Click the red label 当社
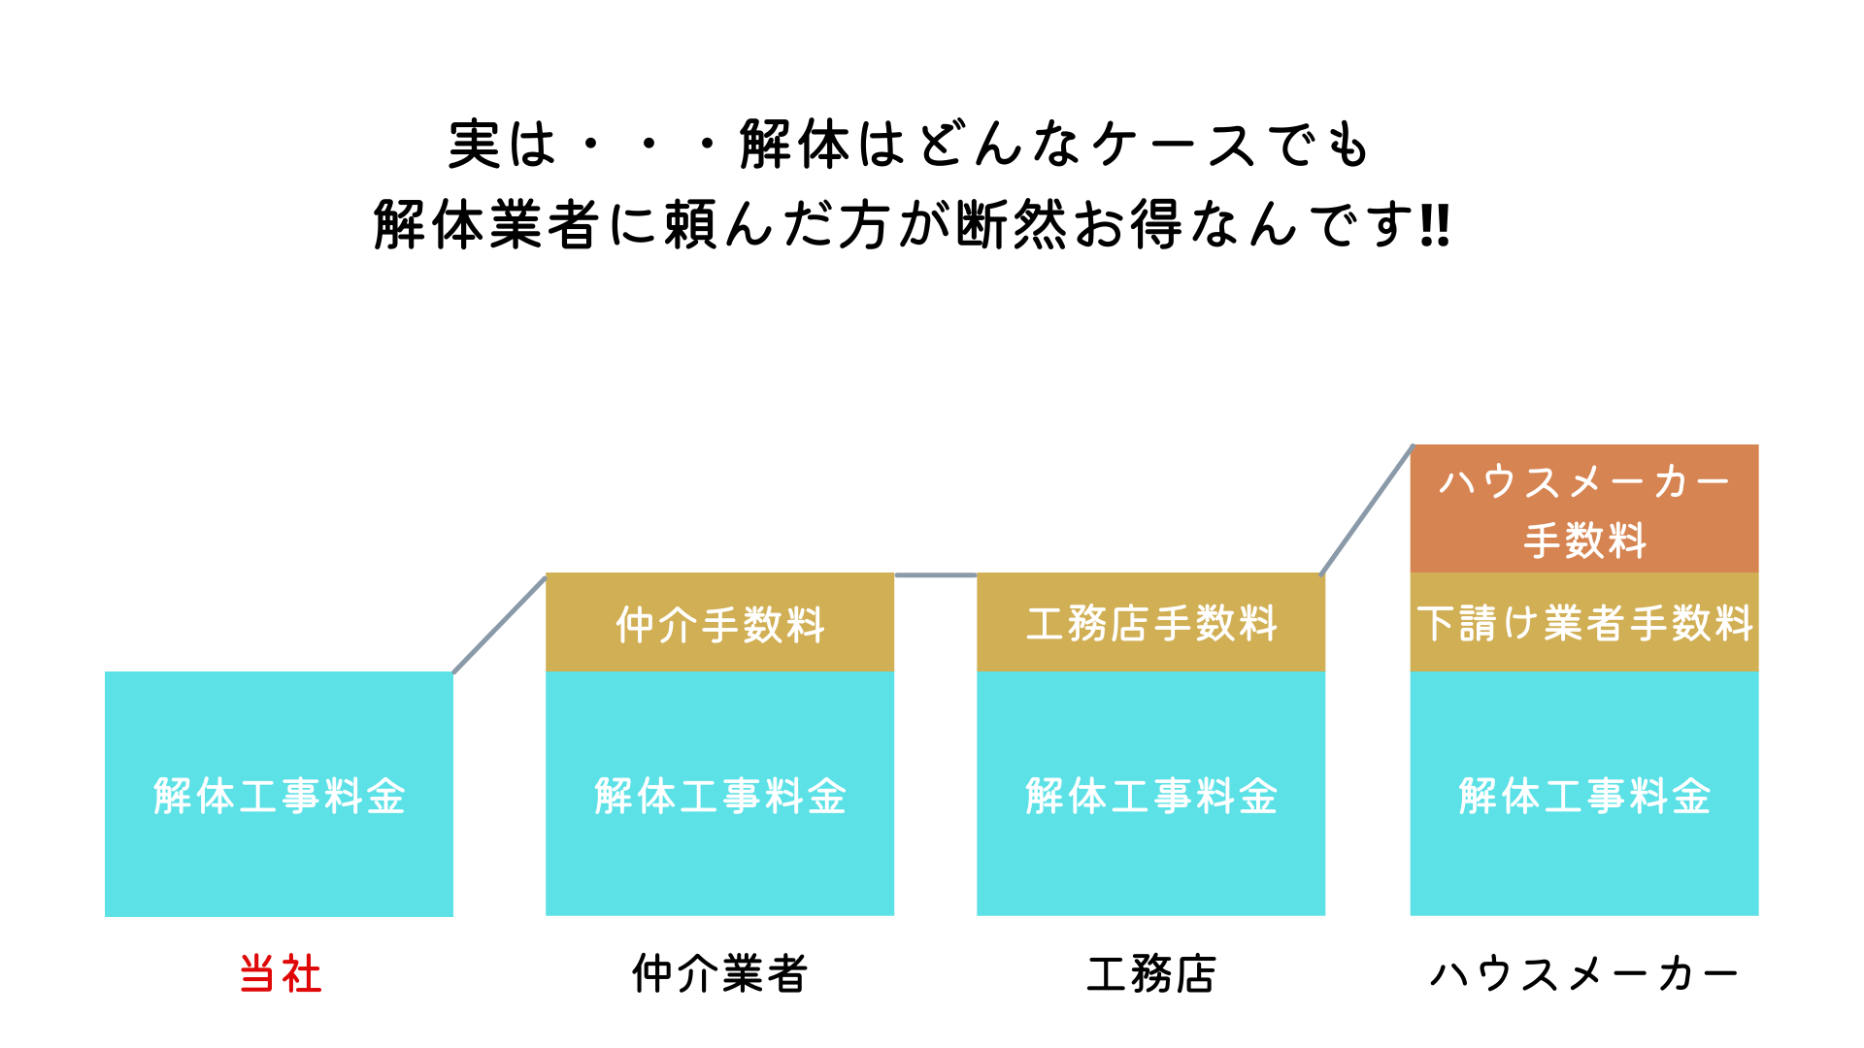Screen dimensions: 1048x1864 (x=280, y=973)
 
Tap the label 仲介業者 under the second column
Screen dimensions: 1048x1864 (x=719, y=973)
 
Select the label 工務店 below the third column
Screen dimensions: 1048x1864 (x=1150, y=973)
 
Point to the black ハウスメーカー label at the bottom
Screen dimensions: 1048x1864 (x=1583, y=973)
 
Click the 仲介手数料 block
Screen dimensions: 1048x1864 (x=719, y=623)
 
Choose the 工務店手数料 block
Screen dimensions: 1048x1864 (x=1150, y=623)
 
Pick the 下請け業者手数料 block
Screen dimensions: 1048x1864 (x=1583, y=623)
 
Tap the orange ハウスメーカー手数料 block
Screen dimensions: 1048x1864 (x=1583, y=509)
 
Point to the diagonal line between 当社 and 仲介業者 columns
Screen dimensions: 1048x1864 (x=499, y=624)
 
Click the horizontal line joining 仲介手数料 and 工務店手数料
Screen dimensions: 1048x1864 (x=935, y=575)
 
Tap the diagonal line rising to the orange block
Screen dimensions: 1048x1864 (x=1367, y=510)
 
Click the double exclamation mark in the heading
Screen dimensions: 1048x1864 (x=1434, y=225)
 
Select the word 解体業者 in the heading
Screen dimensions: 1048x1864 (x=485, y=225)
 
